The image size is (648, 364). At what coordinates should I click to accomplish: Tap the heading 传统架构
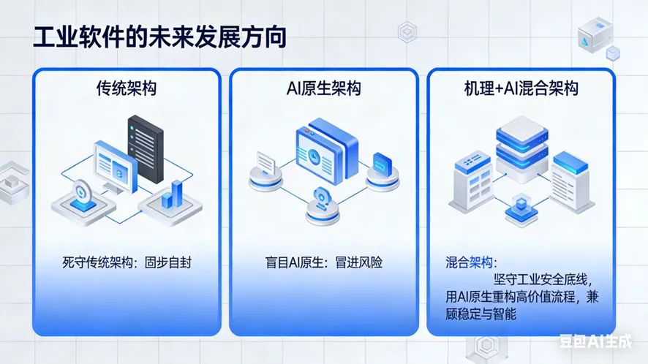pos(127,88)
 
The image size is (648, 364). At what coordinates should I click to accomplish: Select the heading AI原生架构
pos(324,88)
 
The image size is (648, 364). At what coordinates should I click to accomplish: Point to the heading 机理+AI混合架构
pos(521,88)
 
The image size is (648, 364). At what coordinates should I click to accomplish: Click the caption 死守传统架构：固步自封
pos(127,262)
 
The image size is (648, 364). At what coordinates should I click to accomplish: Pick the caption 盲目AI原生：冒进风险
pos(324,262)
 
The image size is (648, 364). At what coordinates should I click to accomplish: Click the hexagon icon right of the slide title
pos(407,31)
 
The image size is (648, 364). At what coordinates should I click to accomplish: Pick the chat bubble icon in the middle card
pos(265,159)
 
